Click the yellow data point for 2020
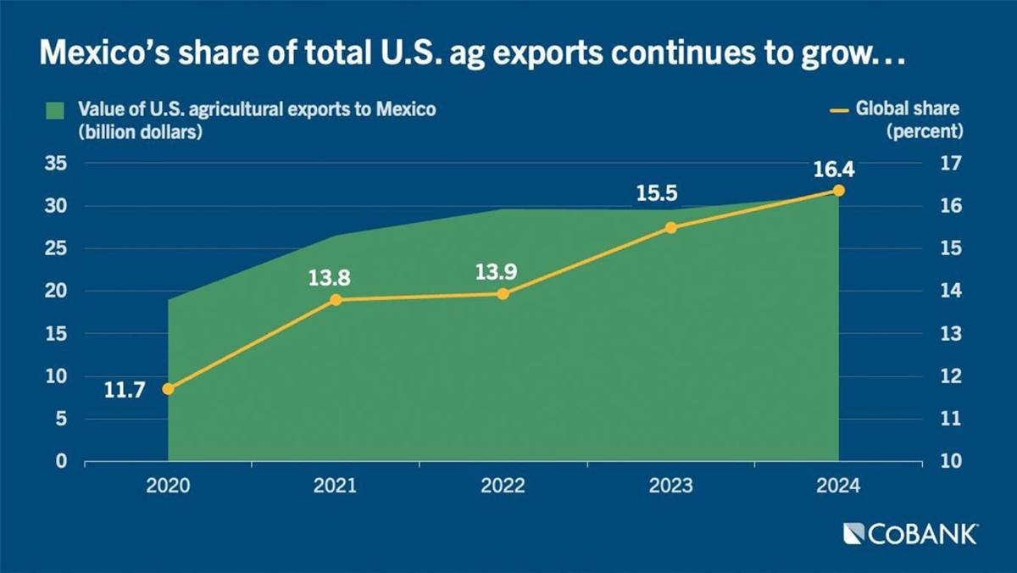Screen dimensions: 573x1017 168,389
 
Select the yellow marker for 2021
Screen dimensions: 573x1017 336,300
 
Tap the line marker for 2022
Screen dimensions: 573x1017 503,294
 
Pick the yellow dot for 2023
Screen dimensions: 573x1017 670,228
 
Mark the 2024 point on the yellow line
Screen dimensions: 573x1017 838,191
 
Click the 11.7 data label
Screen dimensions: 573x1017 125,391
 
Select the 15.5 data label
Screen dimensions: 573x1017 657,194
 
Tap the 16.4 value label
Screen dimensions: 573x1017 834,169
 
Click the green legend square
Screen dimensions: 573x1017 55,110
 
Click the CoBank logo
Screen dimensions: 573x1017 911,534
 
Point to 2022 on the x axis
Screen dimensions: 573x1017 503,487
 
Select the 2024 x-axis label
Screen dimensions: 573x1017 838,487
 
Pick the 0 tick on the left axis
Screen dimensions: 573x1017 61,462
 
